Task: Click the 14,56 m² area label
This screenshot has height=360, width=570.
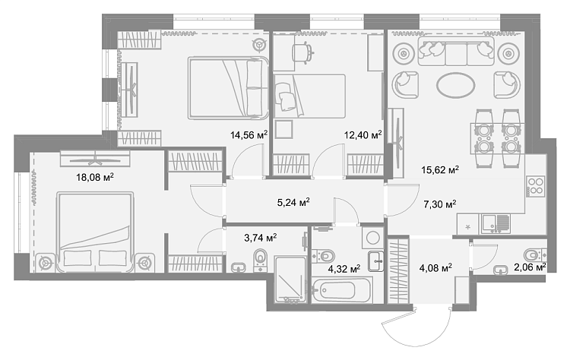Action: click(x=249, y=135)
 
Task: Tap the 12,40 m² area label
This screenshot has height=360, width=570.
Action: click(x=363, y=135)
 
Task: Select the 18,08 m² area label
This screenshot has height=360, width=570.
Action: click(x=95, y=177)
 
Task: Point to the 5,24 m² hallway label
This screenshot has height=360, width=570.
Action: click(x=293, y=201)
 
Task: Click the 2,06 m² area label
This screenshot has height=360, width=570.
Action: click(x=530, y=267)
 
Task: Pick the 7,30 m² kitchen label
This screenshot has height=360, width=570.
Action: click(x=440, y=204)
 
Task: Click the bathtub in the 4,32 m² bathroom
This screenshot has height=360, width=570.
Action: click(x=341, y=289)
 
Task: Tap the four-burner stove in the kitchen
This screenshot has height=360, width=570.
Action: click(x=535, y=186)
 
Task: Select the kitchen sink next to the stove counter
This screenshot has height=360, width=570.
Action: click(x=496, y=223)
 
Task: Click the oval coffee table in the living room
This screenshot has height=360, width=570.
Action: click(x=455, y=86)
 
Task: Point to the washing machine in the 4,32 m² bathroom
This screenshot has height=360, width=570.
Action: click(x=372, y=238)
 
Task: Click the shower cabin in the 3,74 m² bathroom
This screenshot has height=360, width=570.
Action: click(x=290, y=279)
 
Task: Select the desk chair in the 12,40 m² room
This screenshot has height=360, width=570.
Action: click(x=302, y=52)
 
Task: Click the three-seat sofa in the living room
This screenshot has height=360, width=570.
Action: click(x=456, y=51)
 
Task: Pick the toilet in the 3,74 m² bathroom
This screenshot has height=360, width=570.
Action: click(x=260, y=259)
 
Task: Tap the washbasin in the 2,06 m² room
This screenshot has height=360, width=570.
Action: click(x=502, y=270)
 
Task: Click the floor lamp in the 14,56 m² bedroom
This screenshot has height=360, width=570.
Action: click(x=260, y=45)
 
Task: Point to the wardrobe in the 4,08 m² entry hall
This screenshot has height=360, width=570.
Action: click(x=399, y=270)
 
